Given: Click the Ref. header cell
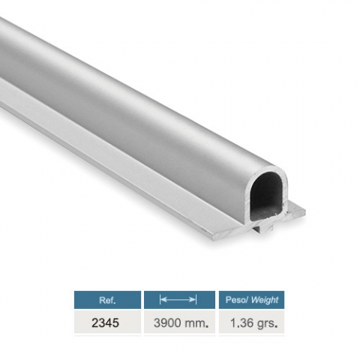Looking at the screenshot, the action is (x=107, y=300).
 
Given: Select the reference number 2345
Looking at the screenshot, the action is (x=105, y=323).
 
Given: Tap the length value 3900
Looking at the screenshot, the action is (x=167, y=323).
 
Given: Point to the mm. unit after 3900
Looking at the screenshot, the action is (x=196, y=323).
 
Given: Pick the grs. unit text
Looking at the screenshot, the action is (x=267, y=324).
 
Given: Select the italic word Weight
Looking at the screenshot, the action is (x=265, y=300).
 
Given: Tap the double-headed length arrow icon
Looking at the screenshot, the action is (x=178, y=299).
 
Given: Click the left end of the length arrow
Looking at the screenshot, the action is (x=160, y=299).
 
